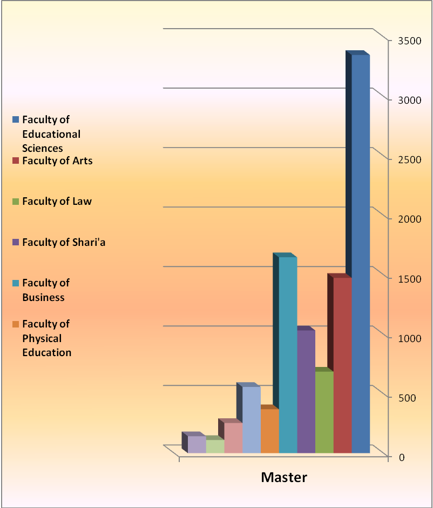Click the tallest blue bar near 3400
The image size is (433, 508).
(x=360, y=254)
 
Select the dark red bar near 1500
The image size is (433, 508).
(x=342, y=365)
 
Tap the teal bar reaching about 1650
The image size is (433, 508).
(x=288, y=354)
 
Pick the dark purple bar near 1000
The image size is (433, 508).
(x=306, y=391)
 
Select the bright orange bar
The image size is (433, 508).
(x=269, y=431)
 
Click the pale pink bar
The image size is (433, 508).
(x=233, y=438)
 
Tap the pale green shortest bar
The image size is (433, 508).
(x=215, y=446)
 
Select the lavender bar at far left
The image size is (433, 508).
(x=197, y=444)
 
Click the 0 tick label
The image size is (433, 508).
(x=401, y=457)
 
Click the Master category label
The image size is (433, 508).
(x=284, y=477)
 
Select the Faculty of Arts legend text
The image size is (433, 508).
(x=57, y=161)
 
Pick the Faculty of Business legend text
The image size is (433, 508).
(x=46, y=290)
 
